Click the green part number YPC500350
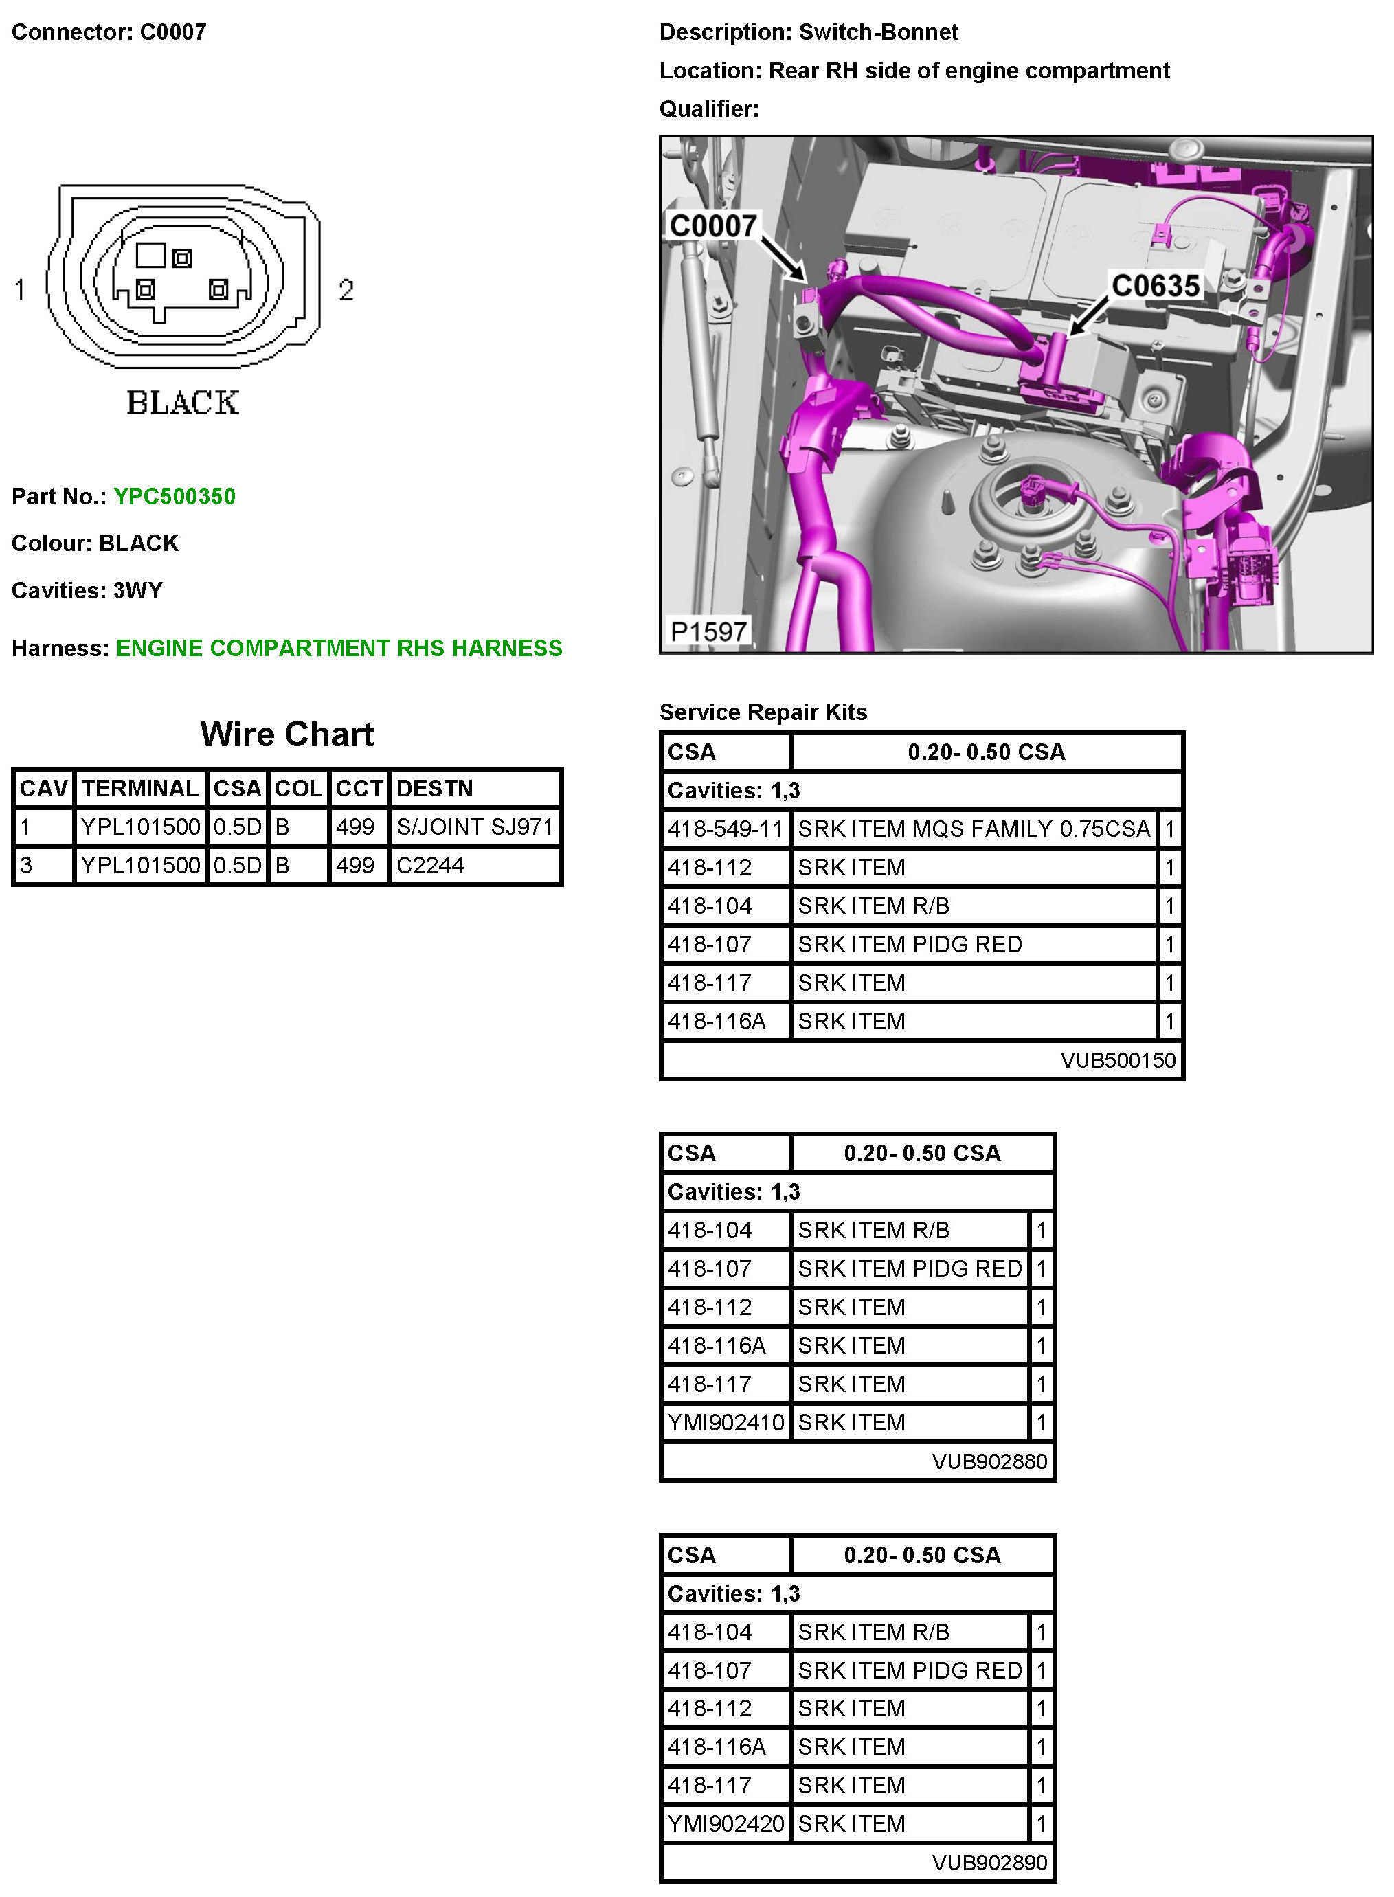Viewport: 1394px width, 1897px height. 175,496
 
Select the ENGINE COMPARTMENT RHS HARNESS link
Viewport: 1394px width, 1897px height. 339,648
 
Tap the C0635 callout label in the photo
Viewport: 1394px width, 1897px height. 1154,286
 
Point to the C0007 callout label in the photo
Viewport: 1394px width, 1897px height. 712,226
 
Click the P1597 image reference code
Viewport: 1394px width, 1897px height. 707,631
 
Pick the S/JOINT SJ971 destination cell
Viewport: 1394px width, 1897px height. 474,827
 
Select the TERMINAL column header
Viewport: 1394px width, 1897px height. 140,788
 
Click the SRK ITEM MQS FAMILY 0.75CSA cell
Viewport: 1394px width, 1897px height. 974,829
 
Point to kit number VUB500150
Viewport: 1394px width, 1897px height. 1117,1060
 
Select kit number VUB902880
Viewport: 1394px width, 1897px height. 989,1461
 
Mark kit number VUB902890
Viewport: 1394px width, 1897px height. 989,1863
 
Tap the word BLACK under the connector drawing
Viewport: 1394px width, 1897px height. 183,403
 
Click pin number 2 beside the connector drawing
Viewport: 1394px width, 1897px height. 346,291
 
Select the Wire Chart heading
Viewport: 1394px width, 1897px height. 287,734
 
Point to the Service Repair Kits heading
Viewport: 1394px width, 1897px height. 763,712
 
